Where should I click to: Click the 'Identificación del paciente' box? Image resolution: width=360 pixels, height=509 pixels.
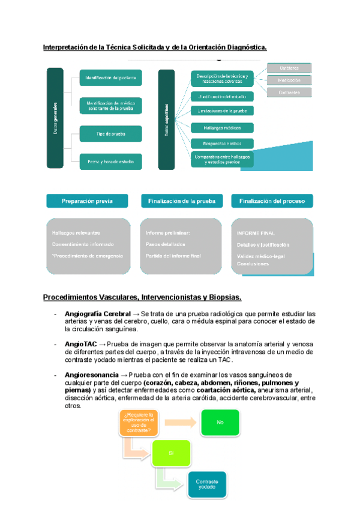[x=110, y=77]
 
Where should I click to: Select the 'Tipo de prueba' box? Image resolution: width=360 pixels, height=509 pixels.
[x=110, y=134]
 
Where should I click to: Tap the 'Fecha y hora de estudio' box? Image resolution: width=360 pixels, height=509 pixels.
[x=110, y=161]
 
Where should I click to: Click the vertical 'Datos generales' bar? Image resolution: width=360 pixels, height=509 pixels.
[x=55, y=118]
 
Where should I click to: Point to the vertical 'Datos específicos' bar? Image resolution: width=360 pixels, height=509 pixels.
[x=166, y=118]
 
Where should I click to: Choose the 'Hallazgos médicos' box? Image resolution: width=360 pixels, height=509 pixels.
[x=222, y=127]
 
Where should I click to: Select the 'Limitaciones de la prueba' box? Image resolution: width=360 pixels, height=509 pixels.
[x=222, y=111]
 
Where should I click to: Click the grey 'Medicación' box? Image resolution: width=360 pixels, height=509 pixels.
[x=289, y=80]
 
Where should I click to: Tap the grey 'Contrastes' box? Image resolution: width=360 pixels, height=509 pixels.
[x=289, y=92]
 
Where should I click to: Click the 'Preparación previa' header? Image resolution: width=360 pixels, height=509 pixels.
[x=87, y=201]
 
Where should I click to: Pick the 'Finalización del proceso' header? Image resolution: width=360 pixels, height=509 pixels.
[x=272, y=201]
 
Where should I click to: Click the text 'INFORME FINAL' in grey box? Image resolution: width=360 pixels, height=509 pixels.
[x=256, y=233]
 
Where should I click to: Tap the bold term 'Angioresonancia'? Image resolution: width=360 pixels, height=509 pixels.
[x=88, y=375]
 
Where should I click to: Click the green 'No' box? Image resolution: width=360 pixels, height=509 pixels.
[x=220, y=423]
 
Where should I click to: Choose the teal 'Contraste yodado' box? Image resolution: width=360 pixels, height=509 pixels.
[x=207, y=484]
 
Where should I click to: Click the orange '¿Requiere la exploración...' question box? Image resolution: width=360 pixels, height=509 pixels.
[x=139, y=423]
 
